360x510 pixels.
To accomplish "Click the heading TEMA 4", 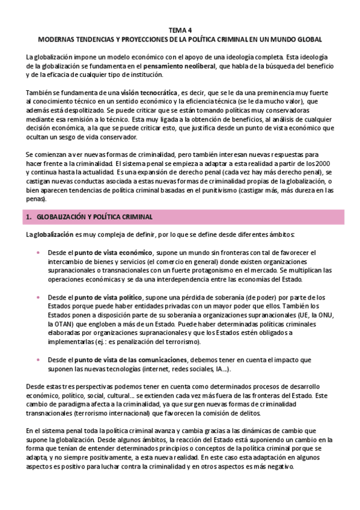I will pos(180,29).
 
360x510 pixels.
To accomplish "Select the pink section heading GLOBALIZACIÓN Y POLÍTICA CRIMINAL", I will pos(94,217).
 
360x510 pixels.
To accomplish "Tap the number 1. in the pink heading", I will pos(29,217).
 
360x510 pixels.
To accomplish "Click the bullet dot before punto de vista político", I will pos(39,298).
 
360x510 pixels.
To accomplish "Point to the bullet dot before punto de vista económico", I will pos(39,253).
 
